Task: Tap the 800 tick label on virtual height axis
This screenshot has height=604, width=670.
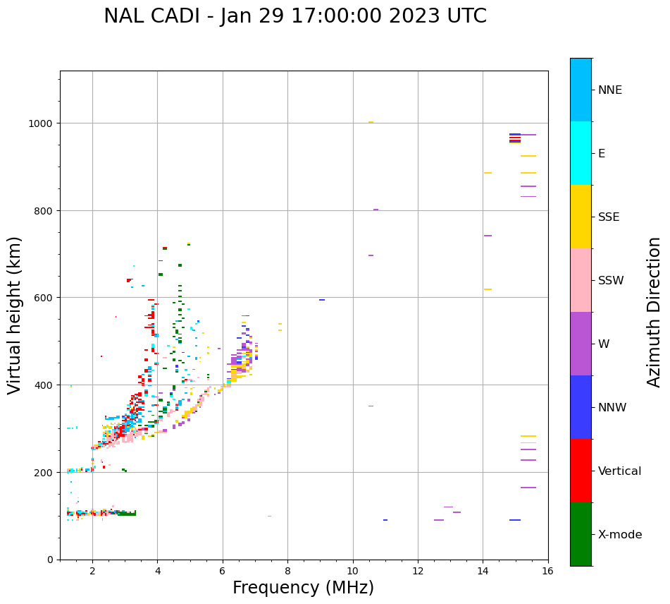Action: pos(44,210)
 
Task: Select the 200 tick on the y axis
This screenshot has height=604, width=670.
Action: pos(44,472)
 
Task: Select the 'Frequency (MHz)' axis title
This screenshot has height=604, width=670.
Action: pos(303,588)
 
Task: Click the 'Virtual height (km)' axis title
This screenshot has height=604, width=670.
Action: pos(15,315)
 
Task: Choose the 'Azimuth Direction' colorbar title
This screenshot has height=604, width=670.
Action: pos(655,312)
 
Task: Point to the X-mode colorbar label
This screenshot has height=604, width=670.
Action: pos(620,535)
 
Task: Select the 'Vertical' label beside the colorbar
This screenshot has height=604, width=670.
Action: pos(620,471)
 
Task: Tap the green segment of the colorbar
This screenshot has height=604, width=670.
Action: pos(581,534)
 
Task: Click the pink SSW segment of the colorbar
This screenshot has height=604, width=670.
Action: pos(581,280)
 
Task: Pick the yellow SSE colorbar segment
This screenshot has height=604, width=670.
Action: pos(581,217)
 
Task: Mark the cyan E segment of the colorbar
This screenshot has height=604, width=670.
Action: pos(581,153)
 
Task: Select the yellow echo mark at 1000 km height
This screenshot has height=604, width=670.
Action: pos(371,122)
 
